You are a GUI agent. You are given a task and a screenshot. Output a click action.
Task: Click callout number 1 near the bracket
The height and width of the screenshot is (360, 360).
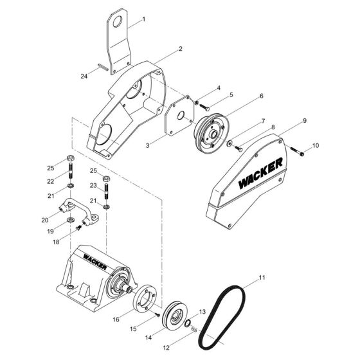(143, 19)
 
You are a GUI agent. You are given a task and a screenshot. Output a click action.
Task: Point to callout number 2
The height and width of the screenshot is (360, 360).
(163, 48)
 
